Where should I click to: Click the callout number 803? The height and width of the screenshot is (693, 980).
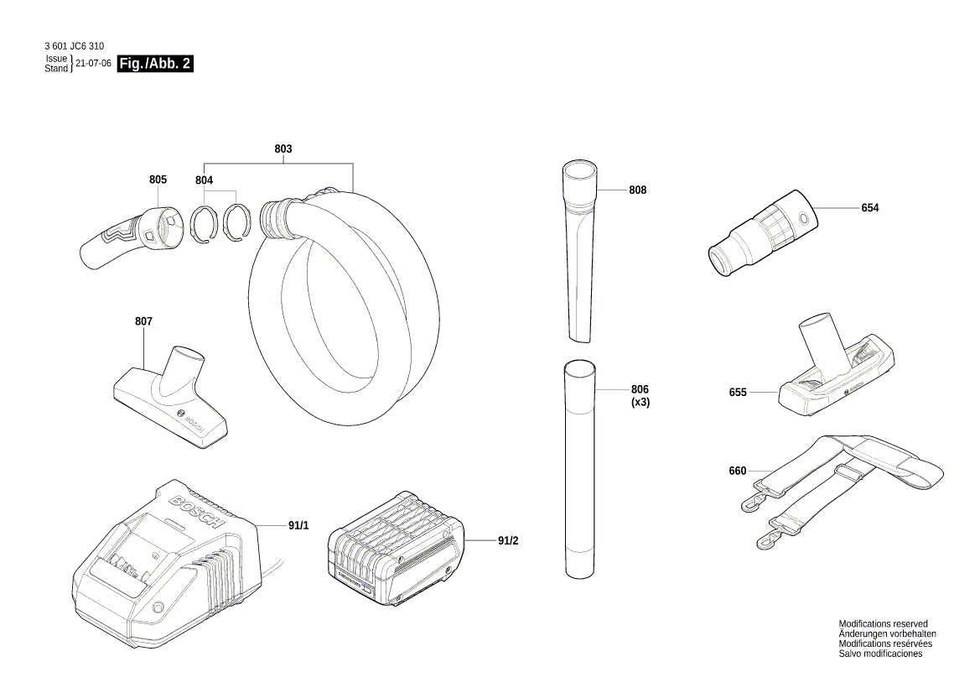click(x=283, y=148)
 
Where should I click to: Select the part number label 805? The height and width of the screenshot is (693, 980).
click(x=158, y=180)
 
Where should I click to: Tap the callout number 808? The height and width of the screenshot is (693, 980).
click(x=637, y=190)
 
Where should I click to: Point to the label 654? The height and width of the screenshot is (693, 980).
click(x=869, y=208)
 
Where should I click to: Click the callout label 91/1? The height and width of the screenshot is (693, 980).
click(x=298, y=525)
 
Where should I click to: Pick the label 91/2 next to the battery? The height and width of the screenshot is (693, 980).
click(x=508, y=541)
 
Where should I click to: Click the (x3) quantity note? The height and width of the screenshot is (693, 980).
click(x=640, y=402)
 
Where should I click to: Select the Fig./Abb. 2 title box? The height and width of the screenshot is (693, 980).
click(x=156, y=64)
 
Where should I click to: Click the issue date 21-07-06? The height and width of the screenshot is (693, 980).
click(x=93, y=64)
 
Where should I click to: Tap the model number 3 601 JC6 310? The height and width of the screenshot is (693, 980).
click(x=75, y=47)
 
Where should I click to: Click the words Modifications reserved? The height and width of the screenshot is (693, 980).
click(x=883, y=624)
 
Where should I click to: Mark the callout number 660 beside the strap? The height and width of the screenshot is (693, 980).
click(x=737, y=471)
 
